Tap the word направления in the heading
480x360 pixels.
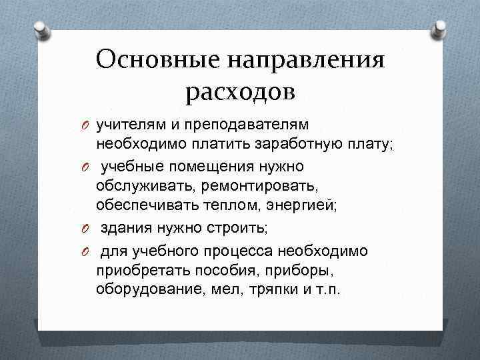[x=307, y=61]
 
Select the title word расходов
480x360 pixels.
[x=240, y=91]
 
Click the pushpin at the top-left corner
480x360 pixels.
[x=41, y=30]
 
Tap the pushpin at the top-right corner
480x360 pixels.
[x=439, y=29]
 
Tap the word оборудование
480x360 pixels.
[x=141, y=291]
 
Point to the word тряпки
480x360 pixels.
[x=250, y=291]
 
